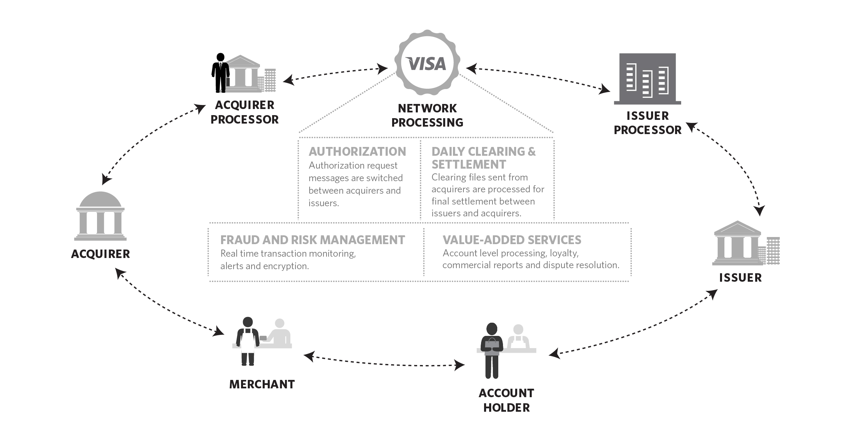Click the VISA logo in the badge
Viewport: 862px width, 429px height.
click(x=427, y=64)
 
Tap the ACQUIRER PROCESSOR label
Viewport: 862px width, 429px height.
click(x=244, y=112)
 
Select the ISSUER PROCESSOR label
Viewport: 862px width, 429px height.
click(x=647, y=123)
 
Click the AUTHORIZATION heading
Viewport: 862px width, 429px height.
click(x=357, y=151)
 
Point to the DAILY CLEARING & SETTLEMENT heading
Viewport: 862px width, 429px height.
click(x=483, y=158)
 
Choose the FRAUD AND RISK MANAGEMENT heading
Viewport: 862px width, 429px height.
click(x=312, y=240)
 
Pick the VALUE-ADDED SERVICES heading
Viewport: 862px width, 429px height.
click(x=512, y=240)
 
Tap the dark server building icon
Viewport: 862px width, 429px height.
click(x=647, y=79)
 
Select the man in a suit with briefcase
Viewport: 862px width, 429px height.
click(x=220, y=73)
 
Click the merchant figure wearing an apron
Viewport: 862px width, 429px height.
click(x=248, y=341)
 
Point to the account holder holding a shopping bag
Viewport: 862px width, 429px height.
click(x=492, y=350)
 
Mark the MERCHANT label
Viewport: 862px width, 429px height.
click(x=262, y=384)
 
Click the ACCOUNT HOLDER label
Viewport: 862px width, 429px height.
click(x=506, y=400)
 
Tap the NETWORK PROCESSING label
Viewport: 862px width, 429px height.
click(x=427, y=115)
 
